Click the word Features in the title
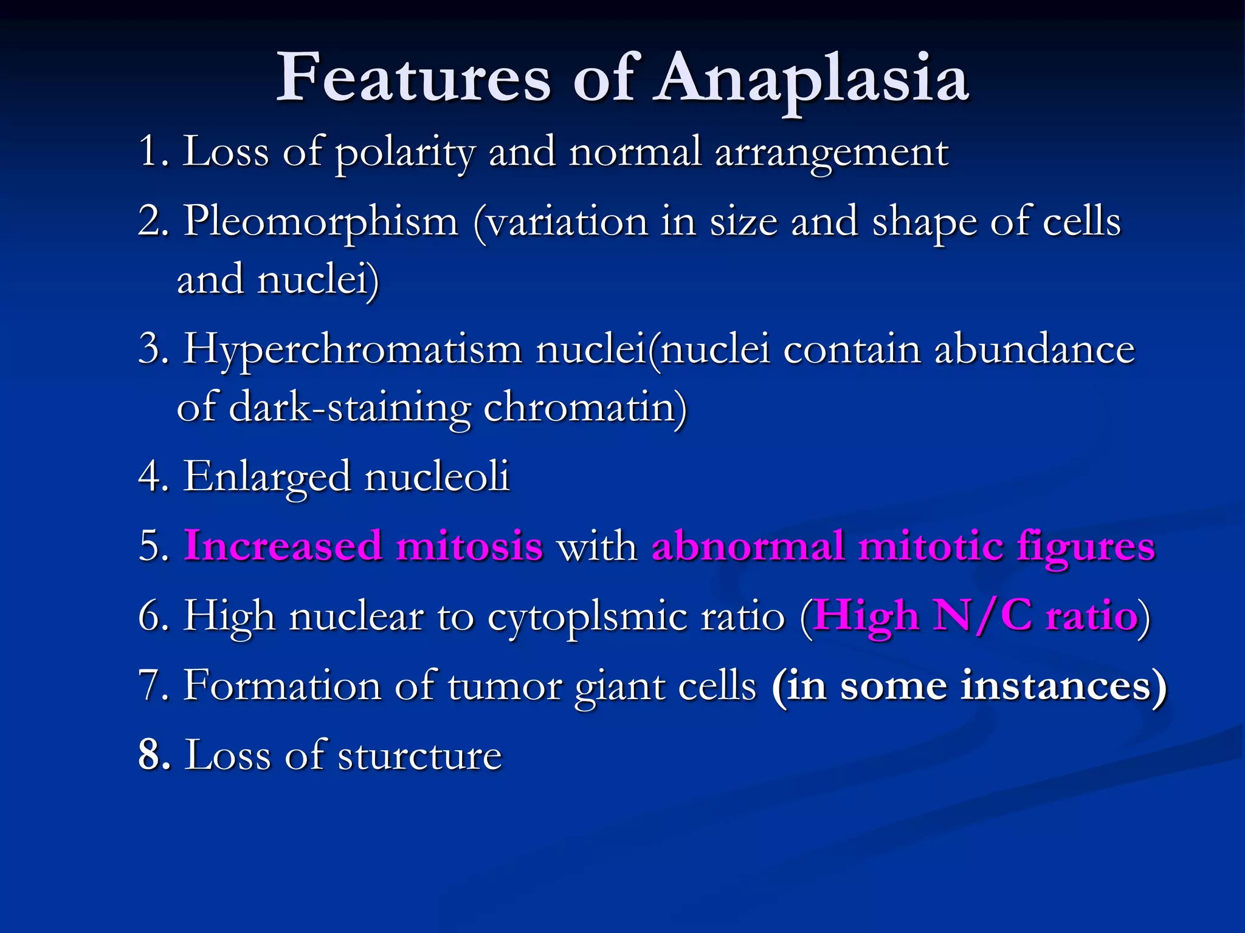tap(413, 79)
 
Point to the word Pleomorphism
tap(320, 222)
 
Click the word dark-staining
tap(350, 408)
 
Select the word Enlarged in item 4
tap(267, 477)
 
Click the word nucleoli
tap(436, 477)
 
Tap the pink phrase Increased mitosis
tap(363, 545)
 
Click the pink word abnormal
tap(748, 545)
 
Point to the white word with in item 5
tap(596, 545)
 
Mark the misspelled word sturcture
tap(419, 756)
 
